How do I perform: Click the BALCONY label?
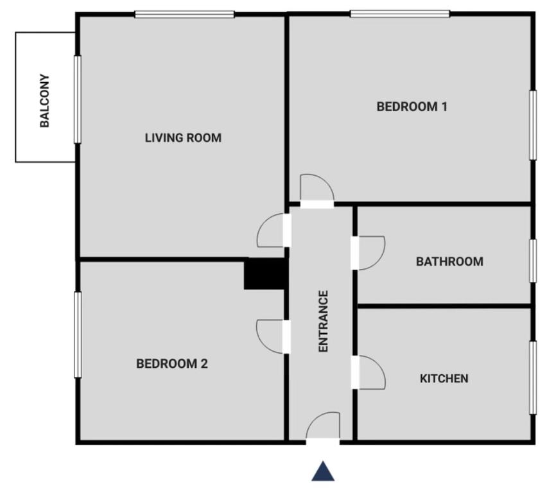[x=45, y=101]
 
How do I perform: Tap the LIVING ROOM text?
[x=183, y=137]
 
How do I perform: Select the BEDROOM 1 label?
[x=412, y=107]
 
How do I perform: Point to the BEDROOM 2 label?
[x=172, y=364]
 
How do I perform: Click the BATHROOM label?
[x=449, y=261]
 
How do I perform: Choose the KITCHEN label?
[x=444, y=378]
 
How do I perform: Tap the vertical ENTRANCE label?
[x=324, y=321]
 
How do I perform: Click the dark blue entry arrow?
[x=324, y=472]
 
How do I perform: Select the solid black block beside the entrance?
[x=264, y=274]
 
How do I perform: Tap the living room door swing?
[x=272, y=231]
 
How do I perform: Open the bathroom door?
[x=370, y=253]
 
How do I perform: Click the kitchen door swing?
[x=370, y=372]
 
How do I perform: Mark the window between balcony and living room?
[x=78, y=99]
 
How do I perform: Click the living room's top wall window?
[x=184, y=14]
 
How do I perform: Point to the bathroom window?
[x=532, y=261]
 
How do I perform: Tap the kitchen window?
[x=532, y=377]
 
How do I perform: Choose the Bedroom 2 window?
[x=78, y=334]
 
